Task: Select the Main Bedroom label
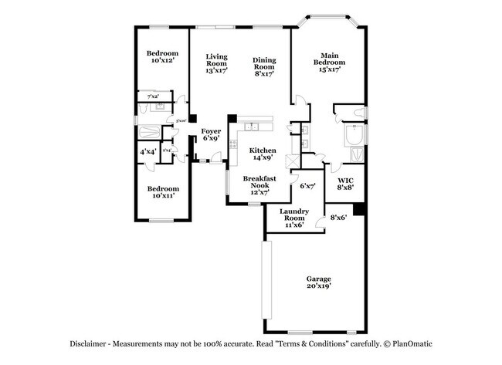click(x=329, y=62)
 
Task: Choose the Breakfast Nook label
click(x=259, y=184)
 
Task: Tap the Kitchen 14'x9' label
click(x=261, y=153)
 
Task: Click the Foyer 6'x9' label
click(x=211, y=135)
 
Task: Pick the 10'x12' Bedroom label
click(x=162, y=56)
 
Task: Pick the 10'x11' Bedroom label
click(x=163, y=192)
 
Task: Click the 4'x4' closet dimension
click(x=148, y=152)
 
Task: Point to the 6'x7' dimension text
click(x=307, y=186)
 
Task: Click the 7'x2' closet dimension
click(x=152, y=96)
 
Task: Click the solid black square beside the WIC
click(x=359, y=209)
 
